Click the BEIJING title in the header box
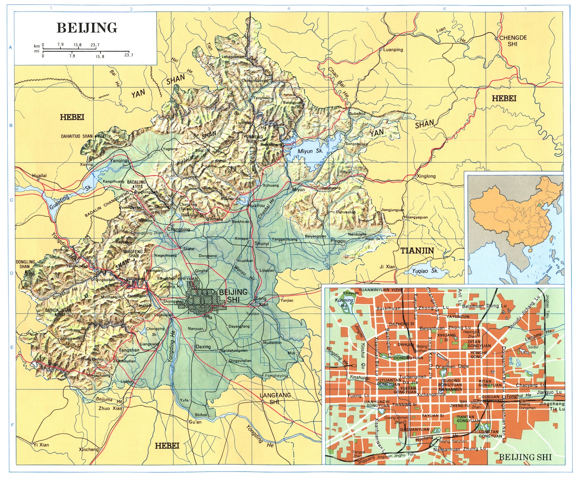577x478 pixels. (87, 28)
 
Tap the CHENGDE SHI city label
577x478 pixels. (513, 41)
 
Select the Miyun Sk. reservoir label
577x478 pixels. (310, 151)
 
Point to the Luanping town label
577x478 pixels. (393, 50)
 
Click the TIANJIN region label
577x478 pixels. (417, 250)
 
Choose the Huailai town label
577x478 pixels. (39, 175)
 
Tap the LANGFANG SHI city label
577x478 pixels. (275, 398)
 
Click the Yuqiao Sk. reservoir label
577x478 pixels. (425, 271)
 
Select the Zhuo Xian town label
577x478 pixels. (110, 408)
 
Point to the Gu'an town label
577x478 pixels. (195, 422)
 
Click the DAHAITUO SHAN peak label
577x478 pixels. (77, 136)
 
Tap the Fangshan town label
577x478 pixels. (129, 350)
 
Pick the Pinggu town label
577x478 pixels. (338, 241)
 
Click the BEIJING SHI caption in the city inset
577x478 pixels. (525, 457)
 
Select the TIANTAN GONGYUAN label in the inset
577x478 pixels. (468, 419)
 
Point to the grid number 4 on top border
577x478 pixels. (288, 8)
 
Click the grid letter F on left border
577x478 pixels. (12, 425)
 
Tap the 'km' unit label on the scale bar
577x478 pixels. (37, 46)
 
